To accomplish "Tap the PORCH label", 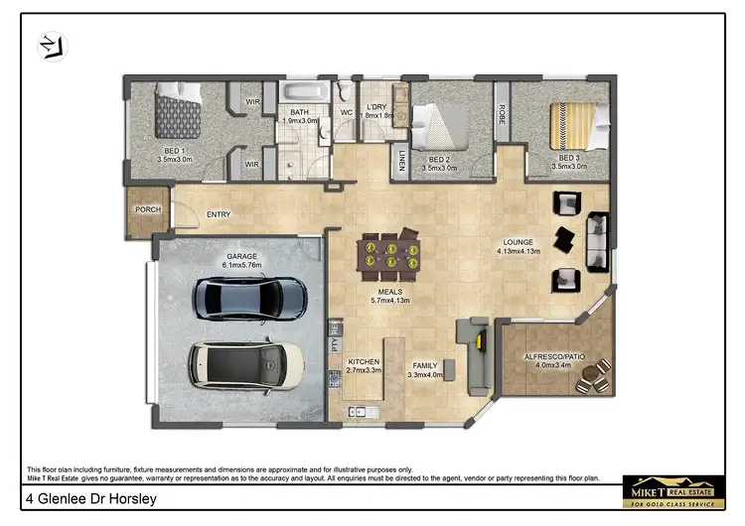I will (x=147, y=209).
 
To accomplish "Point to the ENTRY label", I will (x=219, y=214).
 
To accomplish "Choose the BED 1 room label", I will (x=173, y=151).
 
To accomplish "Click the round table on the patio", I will (x=592, y=378).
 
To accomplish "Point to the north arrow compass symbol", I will (x=48, y=45).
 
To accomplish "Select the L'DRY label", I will (x=375, y=106).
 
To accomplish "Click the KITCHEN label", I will (x=365, y=361).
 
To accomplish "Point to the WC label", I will (x=347, y=112).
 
